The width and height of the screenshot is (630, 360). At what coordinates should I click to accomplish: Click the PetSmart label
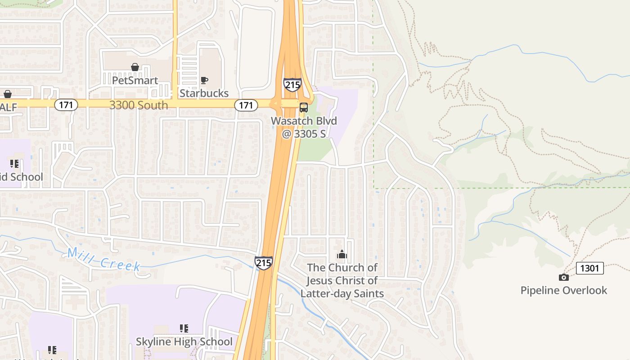[135, 81]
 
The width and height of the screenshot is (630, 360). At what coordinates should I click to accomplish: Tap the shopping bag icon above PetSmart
[135, 67]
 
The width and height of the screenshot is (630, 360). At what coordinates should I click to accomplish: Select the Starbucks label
[204, 93]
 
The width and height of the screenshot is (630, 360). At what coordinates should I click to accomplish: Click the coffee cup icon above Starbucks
[204, 81]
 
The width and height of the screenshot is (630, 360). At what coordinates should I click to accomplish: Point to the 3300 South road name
[139, 105]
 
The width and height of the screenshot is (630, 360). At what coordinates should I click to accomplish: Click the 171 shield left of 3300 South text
[66, 105]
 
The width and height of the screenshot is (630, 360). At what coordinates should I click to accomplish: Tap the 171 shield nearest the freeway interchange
[246, 105]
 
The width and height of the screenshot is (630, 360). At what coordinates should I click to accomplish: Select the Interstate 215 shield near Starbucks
[292, 85]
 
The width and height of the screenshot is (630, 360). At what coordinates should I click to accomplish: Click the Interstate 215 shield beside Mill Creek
[263, 263]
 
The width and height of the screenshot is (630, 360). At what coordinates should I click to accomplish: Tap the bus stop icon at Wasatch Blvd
[304, 108]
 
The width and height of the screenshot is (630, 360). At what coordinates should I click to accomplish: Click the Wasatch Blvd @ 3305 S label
[304, 127]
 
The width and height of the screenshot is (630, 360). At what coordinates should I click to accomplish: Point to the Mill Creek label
[104, 259]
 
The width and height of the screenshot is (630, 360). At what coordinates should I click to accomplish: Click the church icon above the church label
[342, 255]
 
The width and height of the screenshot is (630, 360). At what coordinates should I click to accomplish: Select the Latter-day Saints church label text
[342, 280]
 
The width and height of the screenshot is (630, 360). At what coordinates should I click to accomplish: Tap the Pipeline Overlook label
[564, 290]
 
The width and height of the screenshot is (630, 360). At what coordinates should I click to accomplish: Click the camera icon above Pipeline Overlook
[563, 277]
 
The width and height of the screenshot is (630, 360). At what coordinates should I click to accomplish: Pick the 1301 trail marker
[590, 268]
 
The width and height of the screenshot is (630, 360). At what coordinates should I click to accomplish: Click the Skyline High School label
[184, 342]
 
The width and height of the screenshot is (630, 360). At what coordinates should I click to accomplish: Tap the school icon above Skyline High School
[184, 328]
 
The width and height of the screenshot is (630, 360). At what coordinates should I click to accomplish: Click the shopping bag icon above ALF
[8, 94]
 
